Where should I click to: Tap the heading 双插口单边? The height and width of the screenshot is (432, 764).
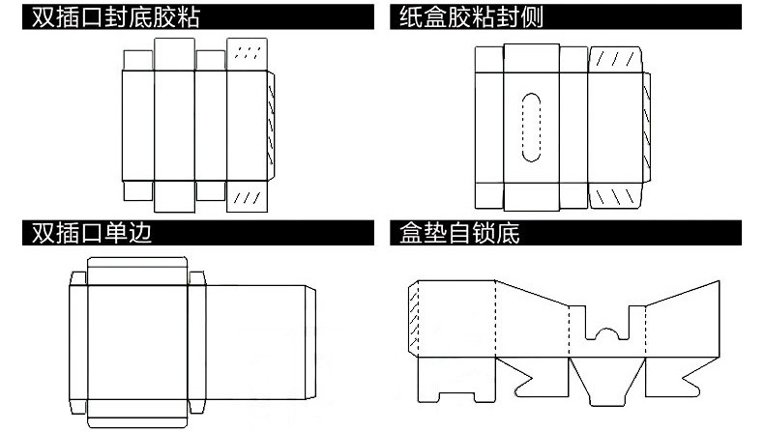click(x=92, y=233)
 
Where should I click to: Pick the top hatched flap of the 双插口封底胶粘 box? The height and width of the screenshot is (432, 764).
click(x=248, y=54)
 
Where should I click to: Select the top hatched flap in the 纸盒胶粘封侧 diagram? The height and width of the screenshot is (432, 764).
click(x=612, y=60)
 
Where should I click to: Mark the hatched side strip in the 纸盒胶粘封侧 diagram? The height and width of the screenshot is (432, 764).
click(x=643, y=126)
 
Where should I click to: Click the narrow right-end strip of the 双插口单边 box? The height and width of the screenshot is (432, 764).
click(x=309, y=343)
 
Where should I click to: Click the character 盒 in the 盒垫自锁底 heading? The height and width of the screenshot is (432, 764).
click(x=409, y=233)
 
